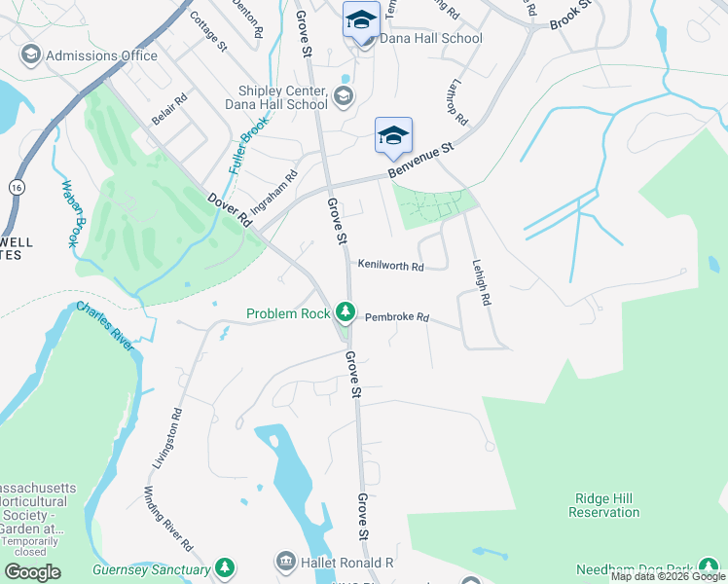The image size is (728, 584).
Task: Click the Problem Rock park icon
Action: click(x=344, y=312)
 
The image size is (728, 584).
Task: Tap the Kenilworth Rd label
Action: click(x=390, y=266)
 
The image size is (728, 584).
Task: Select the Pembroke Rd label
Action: click(x=397, y=317)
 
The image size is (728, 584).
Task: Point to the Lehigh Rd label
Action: click(x=479, y=283)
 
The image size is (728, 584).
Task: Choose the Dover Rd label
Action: click(x=230, y=209)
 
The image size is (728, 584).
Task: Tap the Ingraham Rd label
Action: click(x=273, y=193)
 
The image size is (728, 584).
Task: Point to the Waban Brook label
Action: click(x=69, y=212)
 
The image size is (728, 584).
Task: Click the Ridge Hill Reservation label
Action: click(x=603, y=504)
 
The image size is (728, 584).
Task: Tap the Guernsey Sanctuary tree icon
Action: click(x=225, y=566)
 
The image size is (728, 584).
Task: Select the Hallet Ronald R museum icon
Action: click(x=285, y=562)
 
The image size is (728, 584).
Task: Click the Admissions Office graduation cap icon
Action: click(x=30, y=55)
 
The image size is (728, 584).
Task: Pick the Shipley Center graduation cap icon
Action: click(x=342, y=95)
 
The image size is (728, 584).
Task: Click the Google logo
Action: click(x=32, y=571)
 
